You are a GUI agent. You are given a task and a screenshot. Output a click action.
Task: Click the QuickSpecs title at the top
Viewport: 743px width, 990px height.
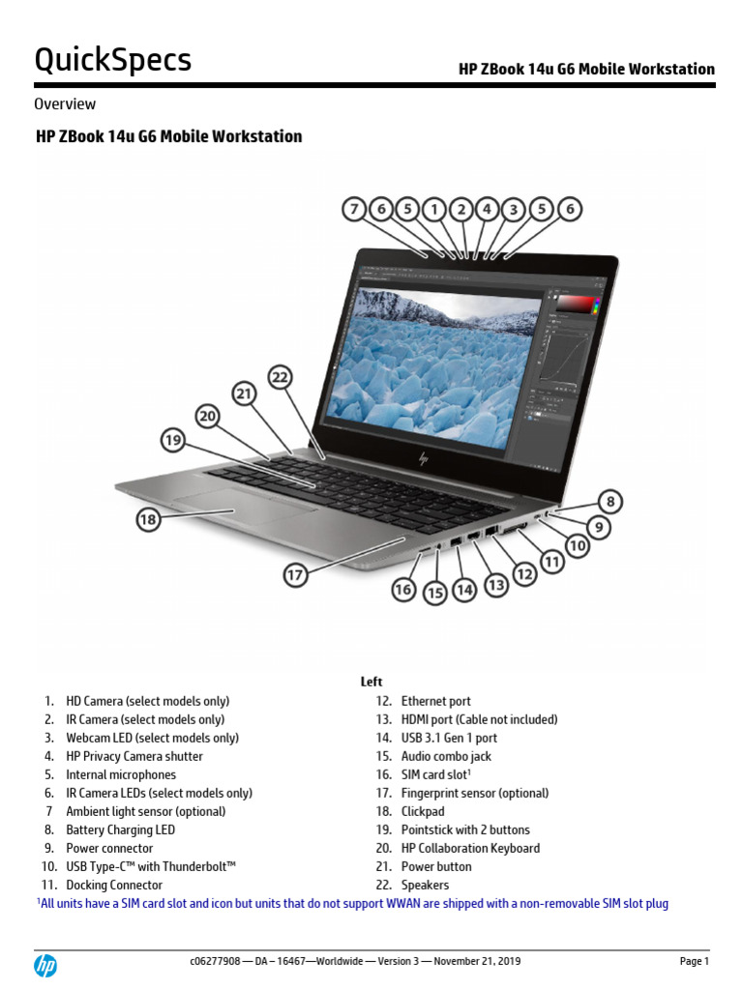tap(113, 60)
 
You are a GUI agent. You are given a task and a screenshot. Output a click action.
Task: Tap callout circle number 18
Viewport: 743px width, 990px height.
tap(148, 520)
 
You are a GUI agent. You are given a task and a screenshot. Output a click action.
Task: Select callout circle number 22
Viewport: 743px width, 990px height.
tap(280, 378)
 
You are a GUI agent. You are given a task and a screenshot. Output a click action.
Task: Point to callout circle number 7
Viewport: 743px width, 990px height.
tap(355, 208)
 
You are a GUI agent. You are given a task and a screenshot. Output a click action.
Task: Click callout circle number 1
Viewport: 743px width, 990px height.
tap(434, 208)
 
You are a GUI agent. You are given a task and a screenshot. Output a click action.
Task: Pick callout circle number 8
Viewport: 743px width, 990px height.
tap(609, 502)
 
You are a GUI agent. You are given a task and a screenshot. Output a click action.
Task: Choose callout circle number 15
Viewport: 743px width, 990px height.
tap(435, 594)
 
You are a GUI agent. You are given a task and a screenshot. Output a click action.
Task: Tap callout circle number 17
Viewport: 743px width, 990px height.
tap(295, 574)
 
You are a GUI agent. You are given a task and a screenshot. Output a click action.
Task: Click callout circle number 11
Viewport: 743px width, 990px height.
tap(551, 561)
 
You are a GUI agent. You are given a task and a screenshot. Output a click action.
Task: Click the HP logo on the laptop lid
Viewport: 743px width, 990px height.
tap(423, 458)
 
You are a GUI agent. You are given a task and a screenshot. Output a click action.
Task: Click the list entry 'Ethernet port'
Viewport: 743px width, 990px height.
tap(435, 701)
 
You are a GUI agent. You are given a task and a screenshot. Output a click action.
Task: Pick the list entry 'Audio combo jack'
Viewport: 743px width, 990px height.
tap(446, 756)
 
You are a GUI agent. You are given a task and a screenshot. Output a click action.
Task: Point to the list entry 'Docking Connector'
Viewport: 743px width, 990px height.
tap(114, 885)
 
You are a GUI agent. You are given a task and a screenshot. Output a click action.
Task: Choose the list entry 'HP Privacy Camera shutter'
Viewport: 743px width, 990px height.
tap(134, 756)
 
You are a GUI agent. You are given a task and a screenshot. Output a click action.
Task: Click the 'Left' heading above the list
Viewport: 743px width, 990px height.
tap(371, 682)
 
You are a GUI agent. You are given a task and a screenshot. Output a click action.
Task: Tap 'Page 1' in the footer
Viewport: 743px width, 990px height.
tap(694, 961)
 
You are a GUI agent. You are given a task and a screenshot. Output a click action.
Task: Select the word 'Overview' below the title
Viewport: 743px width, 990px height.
tap(65, 103)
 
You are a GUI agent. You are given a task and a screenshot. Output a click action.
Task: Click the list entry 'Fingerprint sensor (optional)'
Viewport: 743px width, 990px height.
tap(474, 793)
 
